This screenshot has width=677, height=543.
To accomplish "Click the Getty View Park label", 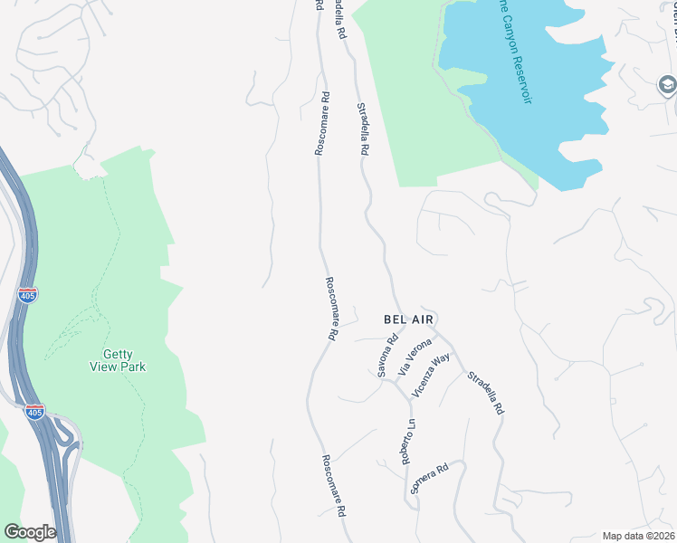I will (118, 361).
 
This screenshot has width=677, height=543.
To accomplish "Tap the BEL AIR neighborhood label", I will (410, 319).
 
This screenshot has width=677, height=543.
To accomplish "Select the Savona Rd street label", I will (387, 357).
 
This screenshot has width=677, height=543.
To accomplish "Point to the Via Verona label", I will (415, 357).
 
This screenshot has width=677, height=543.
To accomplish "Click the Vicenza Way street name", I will (432, 375).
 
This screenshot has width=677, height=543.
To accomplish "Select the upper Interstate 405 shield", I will (27, 295).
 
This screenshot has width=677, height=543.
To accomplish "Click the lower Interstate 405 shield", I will (34, 411).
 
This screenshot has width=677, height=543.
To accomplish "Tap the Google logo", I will (29, 532).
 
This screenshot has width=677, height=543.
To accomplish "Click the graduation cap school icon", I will (667, 84).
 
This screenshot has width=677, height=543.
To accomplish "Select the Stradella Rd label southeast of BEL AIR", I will (487, 393).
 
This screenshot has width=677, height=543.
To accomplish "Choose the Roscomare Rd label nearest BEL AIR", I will (331, 308).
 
